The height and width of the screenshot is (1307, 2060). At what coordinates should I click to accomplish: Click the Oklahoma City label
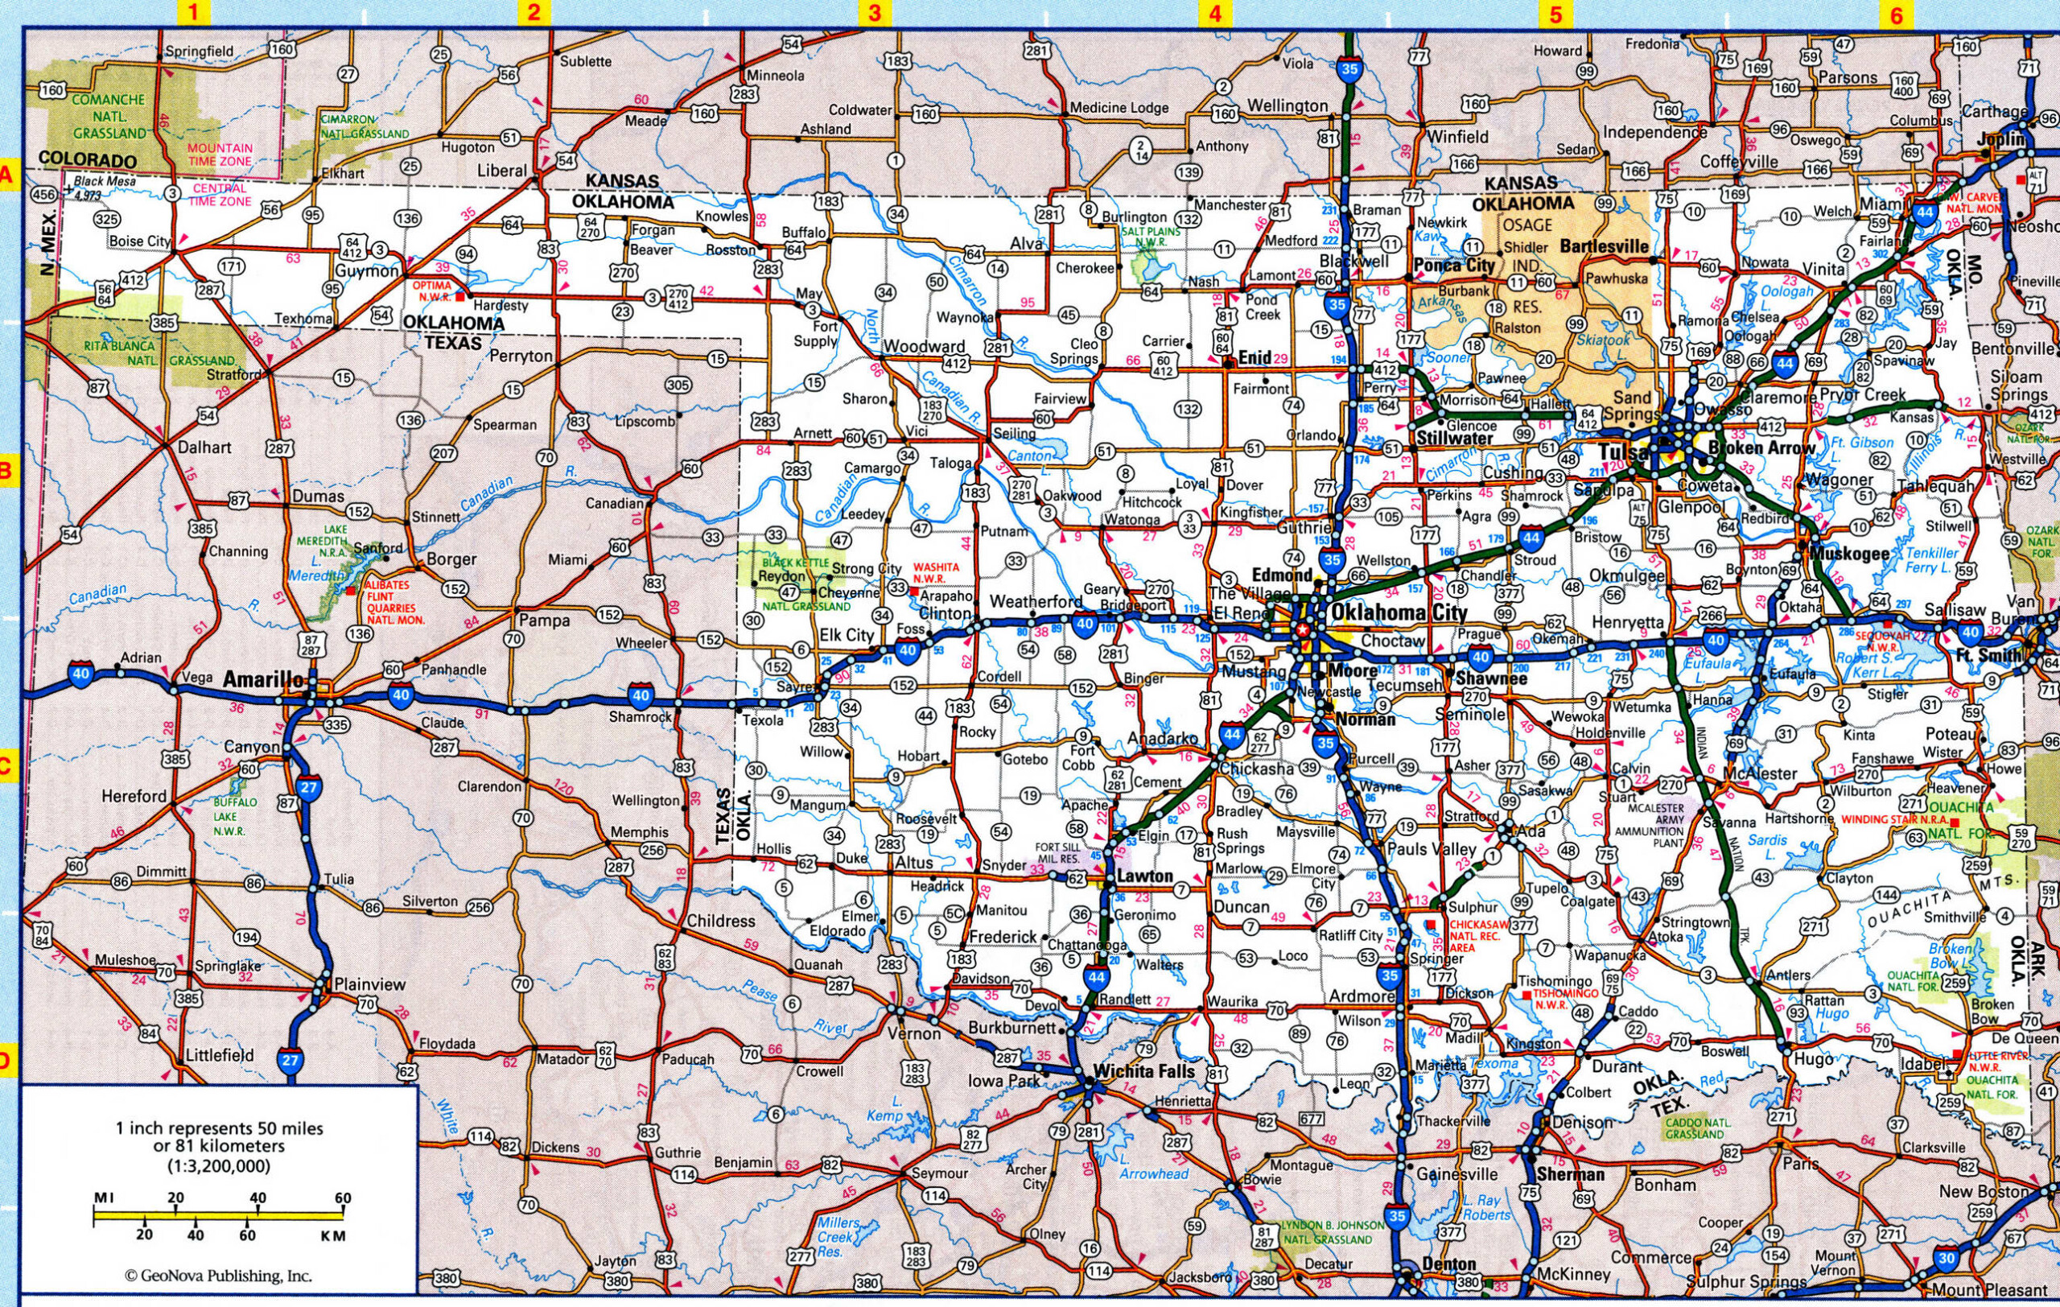(x=1397, y=612)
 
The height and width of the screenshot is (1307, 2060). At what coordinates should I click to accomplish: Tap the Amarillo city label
(x=263, y=679)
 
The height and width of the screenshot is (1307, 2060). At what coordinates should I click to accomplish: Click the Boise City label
(x=140, y=242)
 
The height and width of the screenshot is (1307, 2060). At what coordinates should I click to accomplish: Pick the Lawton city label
(x=1144, y=876)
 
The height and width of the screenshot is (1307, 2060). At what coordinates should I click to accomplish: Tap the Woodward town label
(x=924, y=346)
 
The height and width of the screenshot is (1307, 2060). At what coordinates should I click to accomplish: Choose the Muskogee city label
(x=1849, y=554)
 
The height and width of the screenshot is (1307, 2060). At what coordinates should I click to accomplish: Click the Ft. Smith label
(x=1988, y=655)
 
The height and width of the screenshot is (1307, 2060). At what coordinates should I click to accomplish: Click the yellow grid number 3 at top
(x=875, y=13)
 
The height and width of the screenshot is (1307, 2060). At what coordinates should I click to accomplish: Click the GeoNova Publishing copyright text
(x=218, y=1276)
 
